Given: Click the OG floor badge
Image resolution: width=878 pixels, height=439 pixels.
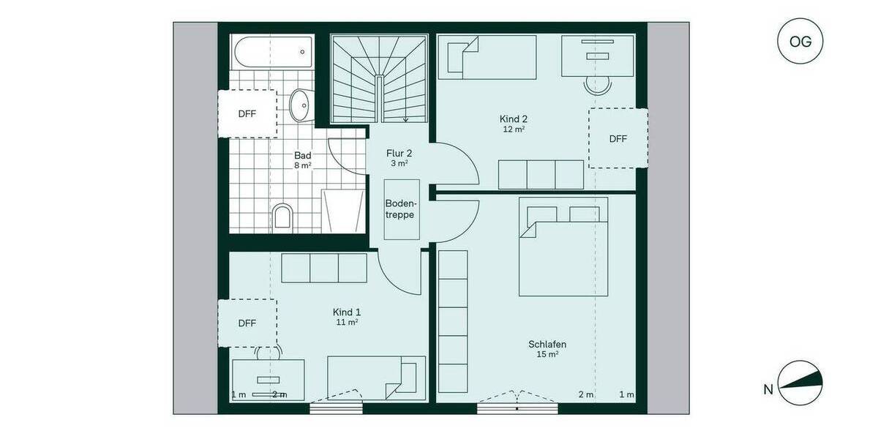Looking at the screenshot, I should pyautogui.click(x=800, y=41).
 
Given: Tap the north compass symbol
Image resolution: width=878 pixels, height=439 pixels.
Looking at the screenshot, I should pyautogui.click(x=800, y=383).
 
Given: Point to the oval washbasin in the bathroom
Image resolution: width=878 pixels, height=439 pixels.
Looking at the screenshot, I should pyautogui.click(x=300, y=106).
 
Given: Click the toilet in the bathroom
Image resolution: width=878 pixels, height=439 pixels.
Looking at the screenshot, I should pyautogui.click(x=282, y=217).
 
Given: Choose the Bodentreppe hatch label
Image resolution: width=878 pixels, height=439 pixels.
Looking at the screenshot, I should pyautogui.click(x=402, y=209).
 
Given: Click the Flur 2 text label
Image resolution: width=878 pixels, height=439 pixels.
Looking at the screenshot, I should pyautogui.click(x=399, y=154).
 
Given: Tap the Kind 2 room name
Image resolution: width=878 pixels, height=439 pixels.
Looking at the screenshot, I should pyautogui.click(x=514, y=119).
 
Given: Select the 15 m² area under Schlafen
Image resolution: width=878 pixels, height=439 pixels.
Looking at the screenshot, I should pyautogui.click(x=547, y=354).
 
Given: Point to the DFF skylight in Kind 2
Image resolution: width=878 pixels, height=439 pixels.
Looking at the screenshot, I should pyautogui.click(x=618, y=138).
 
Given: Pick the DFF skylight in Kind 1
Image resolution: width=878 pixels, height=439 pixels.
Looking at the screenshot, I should pyautogui.click(x=247, y=323).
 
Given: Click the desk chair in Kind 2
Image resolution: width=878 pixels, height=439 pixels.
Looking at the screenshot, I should pyautogui.click(x=598, y=86).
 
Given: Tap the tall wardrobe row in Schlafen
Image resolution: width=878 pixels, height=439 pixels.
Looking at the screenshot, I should pyautogui.click(x=452, y=322).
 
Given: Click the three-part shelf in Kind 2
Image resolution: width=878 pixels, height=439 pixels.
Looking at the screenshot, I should pyautogui.click(x=541, y=174).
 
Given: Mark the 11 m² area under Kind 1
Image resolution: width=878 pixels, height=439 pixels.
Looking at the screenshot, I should pyautogui.click(x=347, y=322).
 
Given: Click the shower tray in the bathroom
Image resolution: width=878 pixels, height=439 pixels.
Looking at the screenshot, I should pyautogui.click(x=343, y=210).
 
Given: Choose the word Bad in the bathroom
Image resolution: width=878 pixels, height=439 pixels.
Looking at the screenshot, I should pyautogui.click(x=303, y=155).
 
